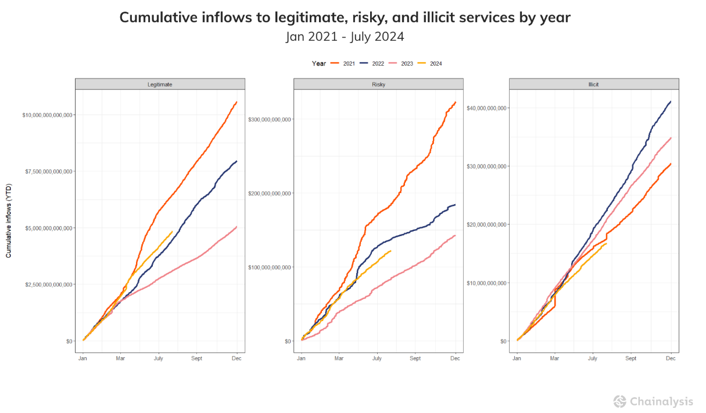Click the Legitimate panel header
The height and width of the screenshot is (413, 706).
[160, 84]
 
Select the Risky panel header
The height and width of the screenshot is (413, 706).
[378, 84]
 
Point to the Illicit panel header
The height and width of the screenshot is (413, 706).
[593, 84]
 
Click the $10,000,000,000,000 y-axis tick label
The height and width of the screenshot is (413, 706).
[47, 115]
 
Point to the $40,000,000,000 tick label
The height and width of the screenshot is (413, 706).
[487, 108]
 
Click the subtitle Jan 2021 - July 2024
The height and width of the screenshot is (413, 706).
[345, 37]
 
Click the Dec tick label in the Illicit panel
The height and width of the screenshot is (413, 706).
[671, 358]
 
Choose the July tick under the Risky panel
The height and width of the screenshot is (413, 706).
[377, 358]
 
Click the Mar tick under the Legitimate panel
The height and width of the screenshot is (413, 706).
[120, 358]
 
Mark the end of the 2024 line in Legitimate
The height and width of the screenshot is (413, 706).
[172, 232]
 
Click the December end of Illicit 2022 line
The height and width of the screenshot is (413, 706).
[671, 102]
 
